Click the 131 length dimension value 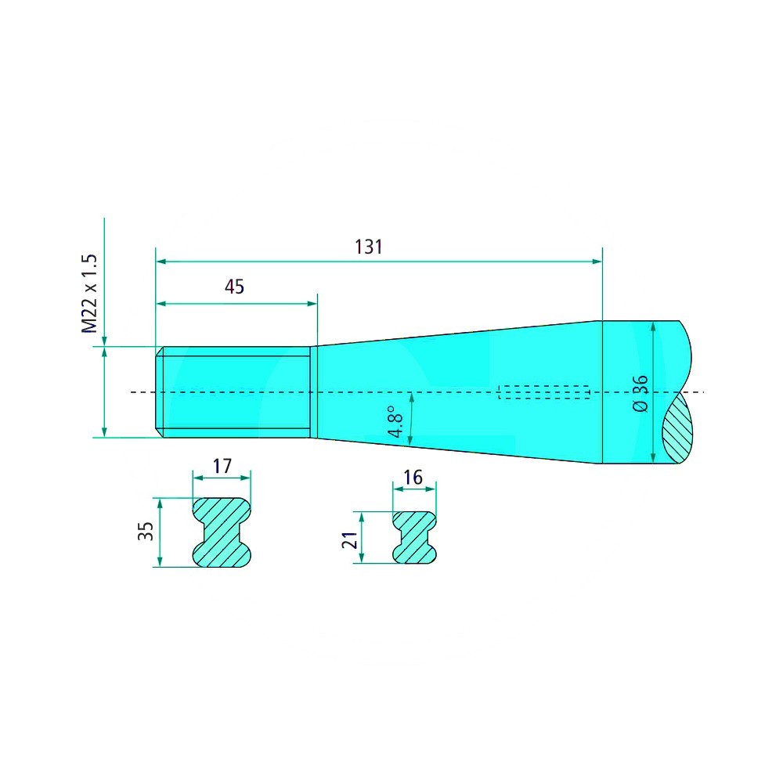point(369,247)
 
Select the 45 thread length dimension point(234,287)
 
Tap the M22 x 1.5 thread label point(89,293)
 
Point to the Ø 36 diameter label point(640,394)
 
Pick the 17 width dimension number point(222,466)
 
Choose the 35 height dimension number point(146,532)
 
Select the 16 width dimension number point(413,478)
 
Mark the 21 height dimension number point(349,539)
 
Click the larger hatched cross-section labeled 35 point(222,532)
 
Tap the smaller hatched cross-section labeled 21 point(414,537)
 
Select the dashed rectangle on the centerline point(544,392)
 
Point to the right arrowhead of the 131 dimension point(597,262)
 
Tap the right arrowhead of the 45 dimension point(312,303)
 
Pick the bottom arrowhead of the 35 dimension point(161,561)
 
